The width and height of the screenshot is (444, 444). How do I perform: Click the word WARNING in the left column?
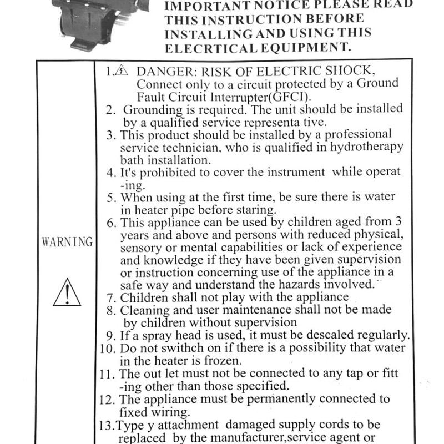coord(67,243)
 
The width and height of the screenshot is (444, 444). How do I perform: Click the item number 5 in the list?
coord(110,197)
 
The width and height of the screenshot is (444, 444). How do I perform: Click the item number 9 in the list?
coord(110,336)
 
